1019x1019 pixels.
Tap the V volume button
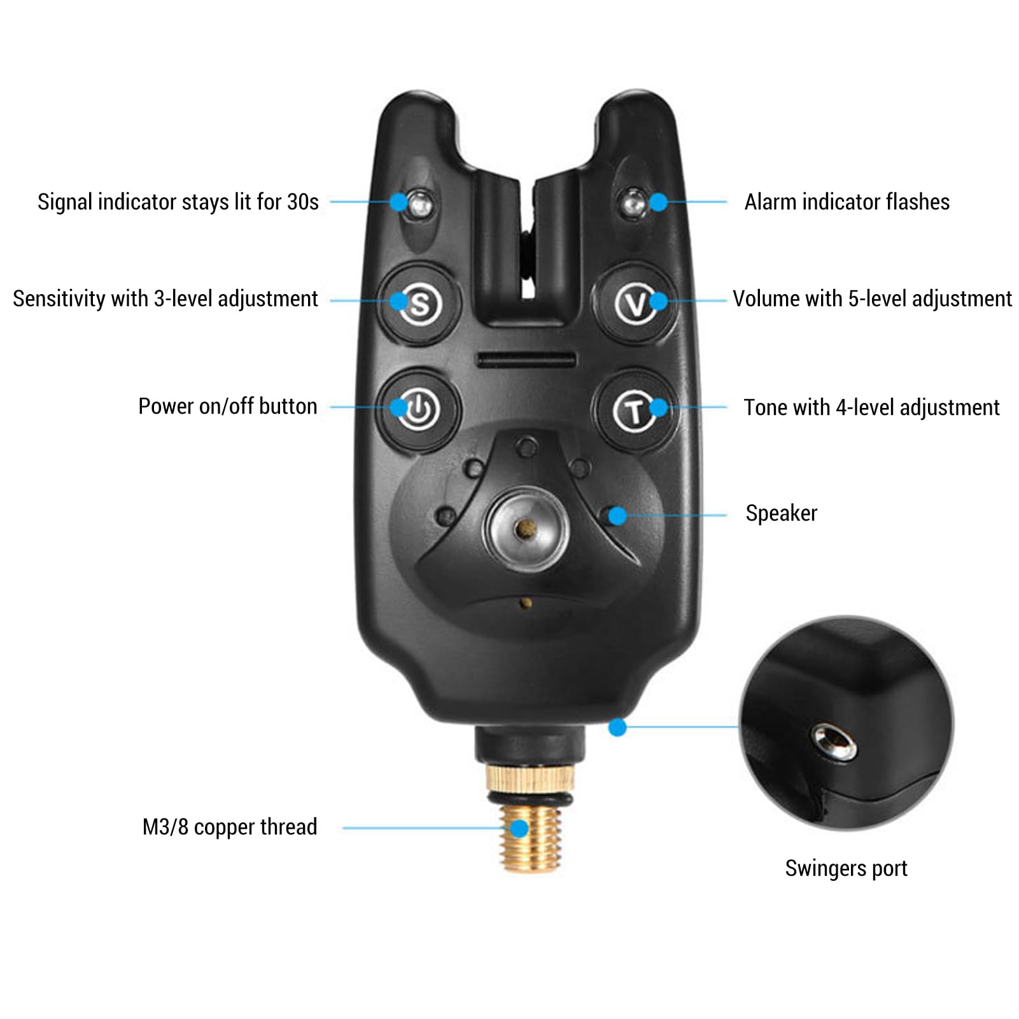(x=635, y=304)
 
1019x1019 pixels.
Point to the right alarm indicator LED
(x=634, y=202)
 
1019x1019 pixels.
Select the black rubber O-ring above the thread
(x=530, y=798)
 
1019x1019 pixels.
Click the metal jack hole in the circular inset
(x=833, y=742)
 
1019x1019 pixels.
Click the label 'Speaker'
(x=781, y=513)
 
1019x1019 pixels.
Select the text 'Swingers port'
(x=846, y=868)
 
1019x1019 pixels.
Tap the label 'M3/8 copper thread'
(x=230, y=827)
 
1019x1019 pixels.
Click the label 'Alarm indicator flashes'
(x=847, y=202)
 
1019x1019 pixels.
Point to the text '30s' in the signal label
(x=303, y=202)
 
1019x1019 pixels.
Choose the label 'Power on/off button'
(x=228, y=406)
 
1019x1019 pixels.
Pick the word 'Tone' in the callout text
(x=764, y=407)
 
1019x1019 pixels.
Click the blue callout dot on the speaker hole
(x=617, y=515)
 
